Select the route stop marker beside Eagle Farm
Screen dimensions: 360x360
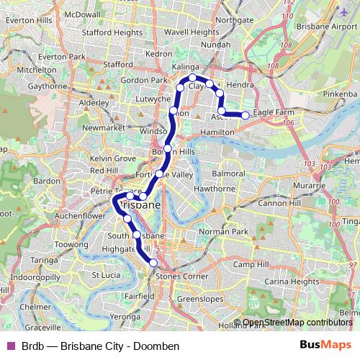pyautogui.click(x=246, y=115)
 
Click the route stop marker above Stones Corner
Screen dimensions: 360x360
pyautogui.click(x=153, y=263)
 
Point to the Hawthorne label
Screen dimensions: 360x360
pyautogui.click(x=210, y=189)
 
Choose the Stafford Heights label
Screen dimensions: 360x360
pyautogui.click(x=112, y=32)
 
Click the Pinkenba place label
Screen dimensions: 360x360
pyautogui.click(x=341, y=94)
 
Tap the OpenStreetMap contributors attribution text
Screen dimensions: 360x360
pyautogui.click(x=297, y=323)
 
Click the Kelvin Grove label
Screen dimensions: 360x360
pyautogui.click(x=113, y=158)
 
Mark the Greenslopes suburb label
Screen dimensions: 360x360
pyautogui.click(x=201, y=297)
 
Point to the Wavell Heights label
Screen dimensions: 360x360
pyautogui.click(x=192, y=32)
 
